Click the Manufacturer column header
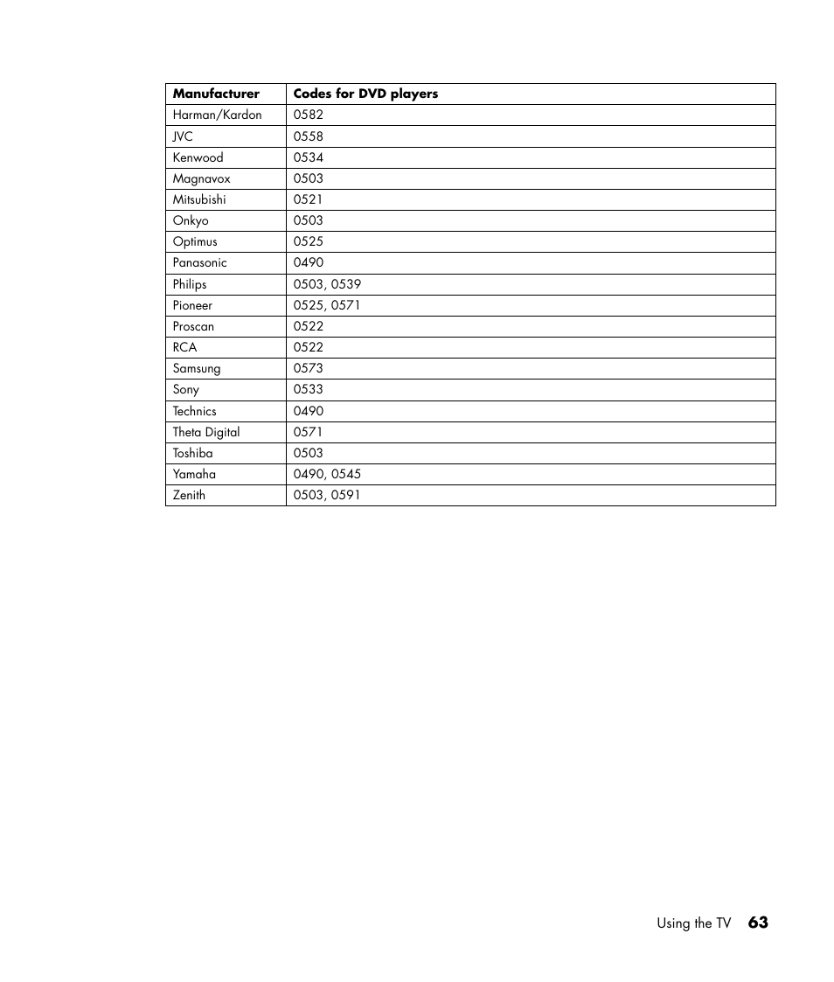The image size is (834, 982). click(x=216, y=94)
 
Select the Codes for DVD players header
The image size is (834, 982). click(x=365, y=94)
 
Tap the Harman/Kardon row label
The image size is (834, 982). click(x=217, y=115)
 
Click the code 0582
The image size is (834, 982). click(x=309, y=115)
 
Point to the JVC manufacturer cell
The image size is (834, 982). click(x=183, y=136)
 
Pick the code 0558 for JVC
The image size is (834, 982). click(x=309, y=136)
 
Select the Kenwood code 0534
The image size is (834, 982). click(x=309, y=157)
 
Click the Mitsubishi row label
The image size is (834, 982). click(x=199, y=199)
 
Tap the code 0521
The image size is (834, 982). click(x=309, y=199)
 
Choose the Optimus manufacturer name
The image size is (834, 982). click(x=195, y=241)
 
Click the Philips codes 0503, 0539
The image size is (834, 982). click(x=327, y=284)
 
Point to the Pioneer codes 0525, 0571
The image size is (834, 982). click(x=327, y=305)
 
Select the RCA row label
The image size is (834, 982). click(x=184, y=347)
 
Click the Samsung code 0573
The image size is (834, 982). click(x=309, y=368)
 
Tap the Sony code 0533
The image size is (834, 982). click(x=309, y=389)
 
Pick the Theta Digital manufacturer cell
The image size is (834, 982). click(x=206, y=432)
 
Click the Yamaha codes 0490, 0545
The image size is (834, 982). click(x=327, y=474)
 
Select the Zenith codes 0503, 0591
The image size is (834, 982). click(x=327, y=495)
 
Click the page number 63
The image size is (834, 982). click(x=758, y=923)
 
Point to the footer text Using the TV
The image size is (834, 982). click(x=693, y=923)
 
